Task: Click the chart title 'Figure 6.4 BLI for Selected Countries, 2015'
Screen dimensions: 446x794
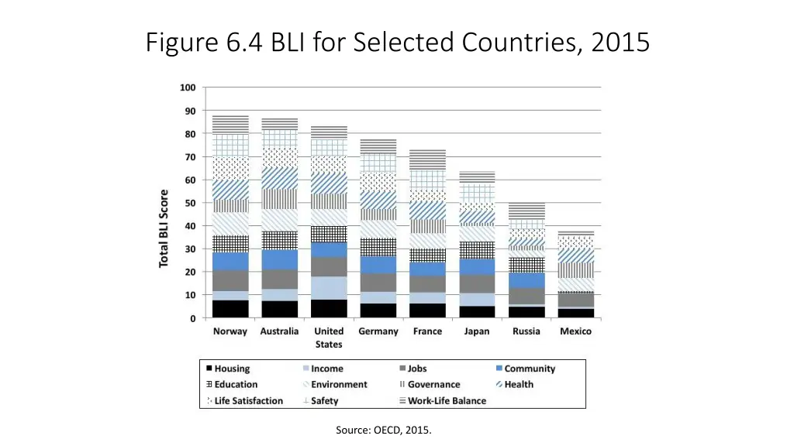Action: [x=397, y=41]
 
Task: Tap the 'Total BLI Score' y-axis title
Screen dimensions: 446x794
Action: [x=164, y=228]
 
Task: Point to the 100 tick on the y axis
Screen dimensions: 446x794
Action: [x=188, y=87]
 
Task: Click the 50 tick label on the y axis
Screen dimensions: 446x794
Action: [x=189, y=203]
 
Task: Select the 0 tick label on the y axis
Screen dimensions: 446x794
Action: [x=192, y=318]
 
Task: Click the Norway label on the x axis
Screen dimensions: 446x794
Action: [x=230, y=331]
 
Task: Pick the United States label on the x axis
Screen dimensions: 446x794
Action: [x=329, y=338]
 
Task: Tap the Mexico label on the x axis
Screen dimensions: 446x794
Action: [x=575, y=331]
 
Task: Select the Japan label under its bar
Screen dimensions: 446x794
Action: [x=477, y=331]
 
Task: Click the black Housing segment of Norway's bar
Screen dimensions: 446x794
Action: [x=230, y=309]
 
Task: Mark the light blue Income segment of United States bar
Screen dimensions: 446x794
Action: [x=329, y=288]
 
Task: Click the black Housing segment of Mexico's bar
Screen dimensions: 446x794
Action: [x=575, y=314]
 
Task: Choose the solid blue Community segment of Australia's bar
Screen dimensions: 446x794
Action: [x=280, y=259]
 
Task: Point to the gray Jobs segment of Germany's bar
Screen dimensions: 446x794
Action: [x=378, y=283]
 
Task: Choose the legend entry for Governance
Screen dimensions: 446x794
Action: [x=433, y=385]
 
